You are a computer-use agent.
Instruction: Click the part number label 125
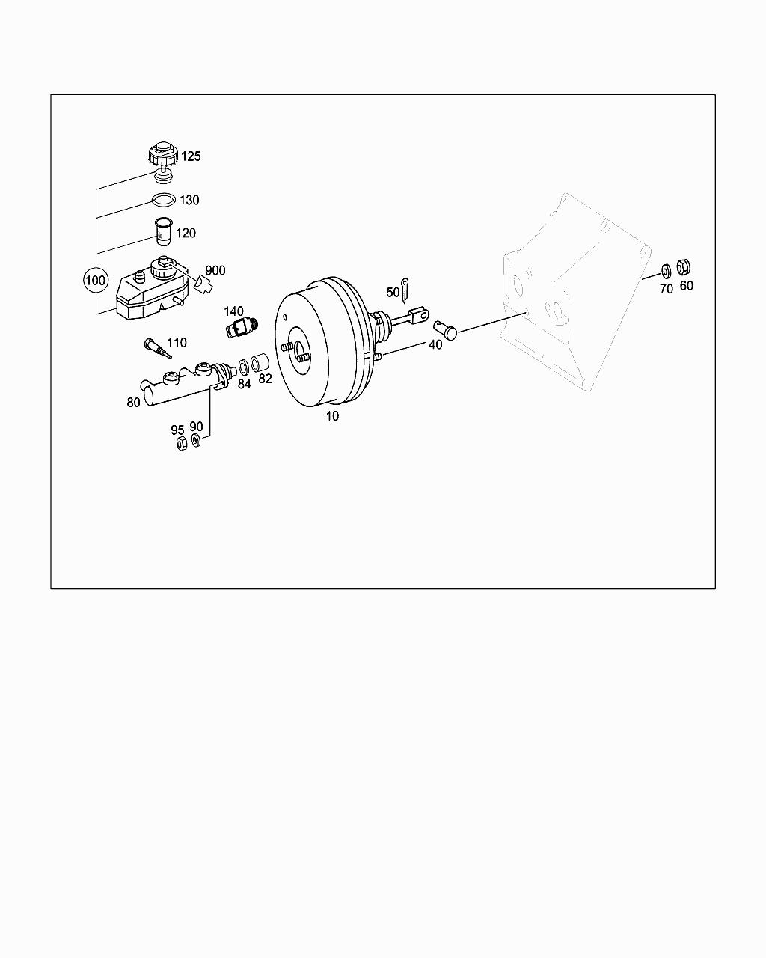pyautogui.click(x=191, y=156)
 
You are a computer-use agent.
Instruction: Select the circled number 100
pyautogui.click(x=95, y=281)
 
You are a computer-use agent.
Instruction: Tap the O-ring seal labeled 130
pyautogui.click(x=164, y=200)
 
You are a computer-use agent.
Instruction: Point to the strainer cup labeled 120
pyautogui.click(x=162, y=231)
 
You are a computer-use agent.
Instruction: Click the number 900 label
pyautogui.click(x=215, y=270)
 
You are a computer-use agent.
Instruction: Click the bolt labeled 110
pyautogui.click(x=155, y=349)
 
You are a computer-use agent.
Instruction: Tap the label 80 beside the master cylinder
pyautogui.click(x=133, y=402)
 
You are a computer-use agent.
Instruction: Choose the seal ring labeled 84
pyautogui.click(x=244, y=367)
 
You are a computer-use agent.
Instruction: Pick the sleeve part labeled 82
pyautogui.click(x=260, y=364)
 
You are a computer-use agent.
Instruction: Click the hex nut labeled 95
pyautogui.click(x=180, y=444)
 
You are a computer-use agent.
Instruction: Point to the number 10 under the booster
pyautogui.click(x=331, y=416)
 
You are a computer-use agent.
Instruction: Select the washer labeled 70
pyautogui.click(x=665, y=271)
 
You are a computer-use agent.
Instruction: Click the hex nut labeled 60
pyautogui.click(x=684, y=266)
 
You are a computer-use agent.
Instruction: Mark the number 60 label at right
pyautogui.click(x=686, y=285)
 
